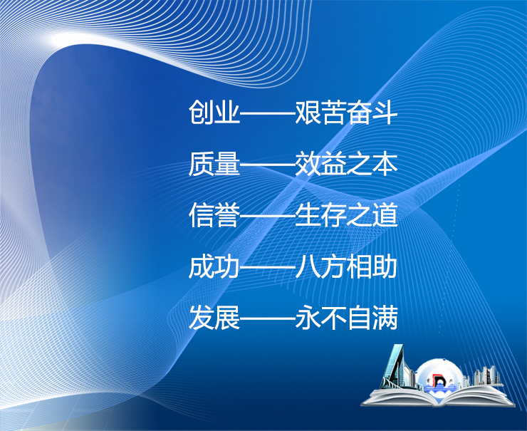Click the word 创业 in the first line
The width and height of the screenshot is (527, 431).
tap(214, 113)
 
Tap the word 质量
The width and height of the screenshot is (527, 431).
tap(214, 165)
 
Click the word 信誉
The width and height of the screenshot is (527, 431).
tap(214, 216)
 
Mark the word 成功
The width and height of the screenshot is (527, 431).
tap(214, 267)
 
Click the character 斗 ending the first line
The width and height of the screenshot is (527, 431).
tap(384, 113)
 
